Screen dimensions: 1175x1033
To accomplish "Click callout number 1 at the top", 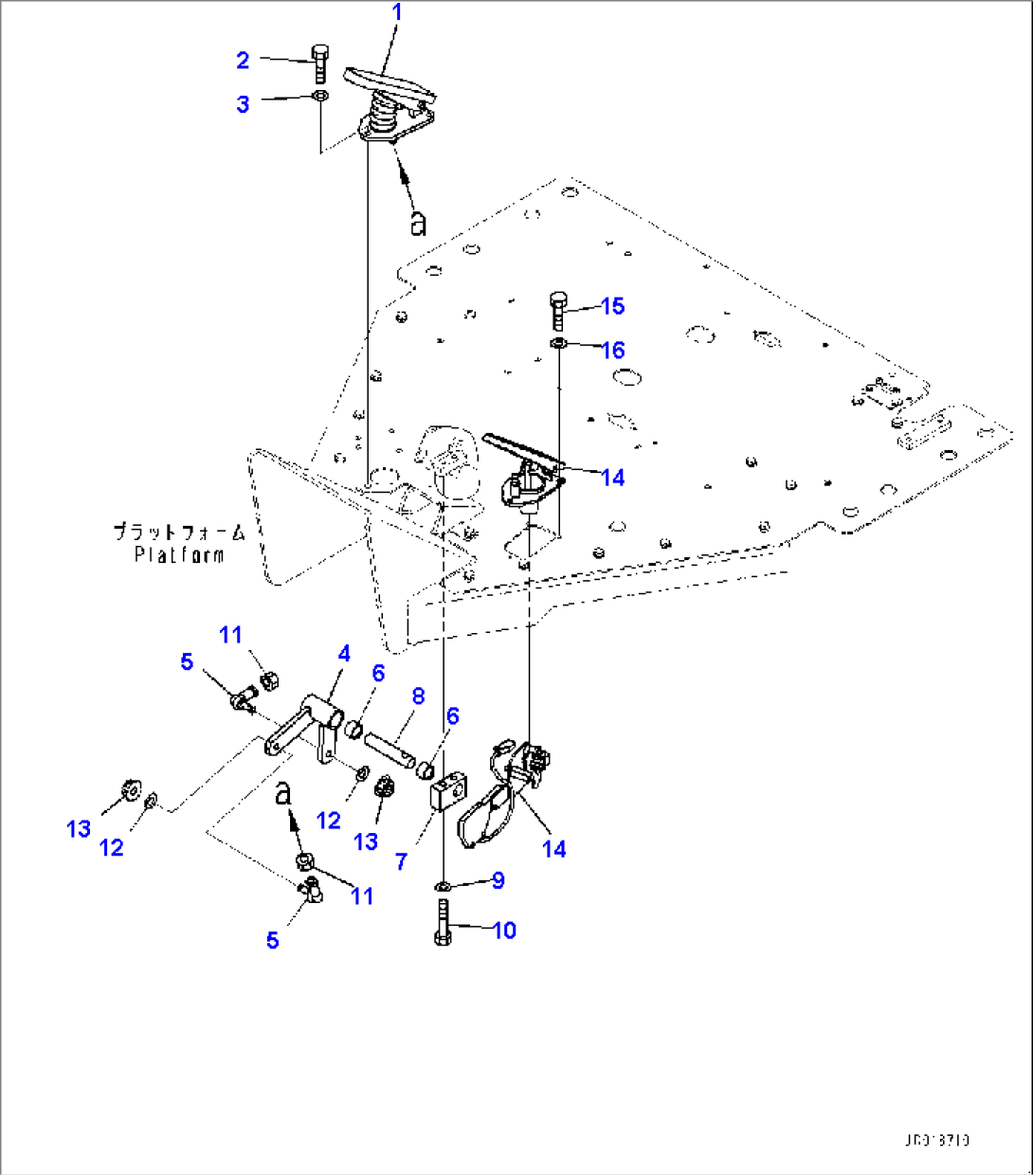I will tap(397, 12).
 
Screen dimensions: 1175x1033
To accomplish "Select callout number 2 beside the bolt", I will tap(243, 61).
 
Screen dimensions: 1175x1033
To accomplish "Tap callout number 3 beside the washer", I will tap(243, 104).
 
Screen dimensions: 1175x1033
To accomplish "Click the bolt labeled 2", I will tap(319, 63).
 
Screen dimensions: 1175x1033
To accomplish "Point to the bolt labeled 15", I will tap(557, 311).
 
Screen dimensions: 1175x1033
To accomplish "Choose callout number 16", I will tap(613, 351).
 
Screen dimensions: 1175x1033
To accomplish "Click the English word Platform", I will tap(179, 554).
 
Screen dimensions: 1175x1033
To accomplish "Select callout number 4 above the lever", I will tap(344, 653).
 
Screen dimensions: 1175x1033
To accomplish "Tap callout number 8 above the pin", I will tap(418, 696).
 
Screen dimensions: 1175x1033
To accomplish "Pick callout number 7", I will tap(402, 861).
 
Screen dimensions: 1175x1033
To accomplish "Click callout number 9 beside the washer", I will tap(498, 880).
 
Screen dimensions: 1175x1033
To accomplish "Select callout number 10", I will tap(504, 931).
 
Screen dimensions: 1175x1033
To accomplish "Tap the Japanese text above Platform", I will tap(179, 532).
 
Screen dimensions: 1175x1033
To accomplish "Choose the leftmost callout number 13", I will tap(79, 829).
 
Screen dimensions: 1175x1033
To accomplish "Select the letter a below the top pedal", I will tap(418, 223).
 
